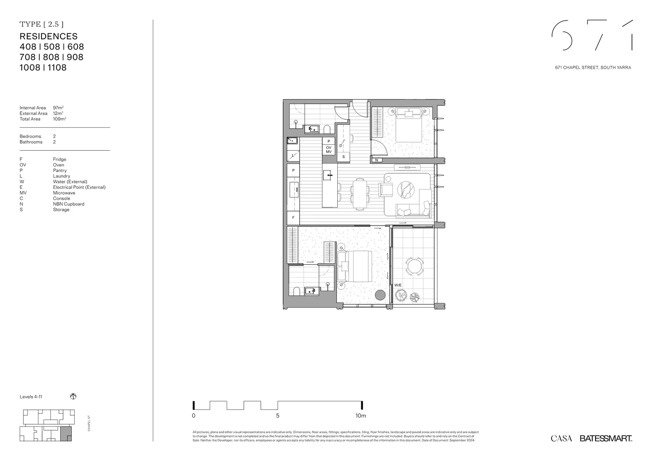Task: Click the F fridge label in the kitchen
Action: click(293, 218)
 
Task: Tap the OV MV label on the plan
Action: click(328, 150)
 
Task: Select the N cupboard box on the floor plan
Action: click(377, 160)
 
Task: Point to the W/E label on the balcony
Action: click(398, 285)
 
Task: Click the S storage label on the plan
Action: click(343, 157)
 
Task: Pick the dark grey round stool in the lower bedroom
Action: click(380, 295)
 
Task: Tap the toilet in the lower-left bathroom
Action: click(296, 292)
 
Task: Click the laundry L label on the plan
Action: click(293, 156)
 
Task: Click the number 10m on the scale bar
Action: click(361, 416)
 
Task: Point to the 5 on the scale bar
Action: click(278, 416)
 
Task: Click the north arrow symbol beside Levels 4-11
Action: click(73, 397)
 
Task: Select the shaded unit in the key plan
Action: click(66, 434)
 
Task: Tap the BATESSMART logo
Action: click(605, 438)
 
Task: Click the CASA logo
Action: click(561, 438)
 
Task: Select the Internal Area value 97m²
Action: click(58, 108)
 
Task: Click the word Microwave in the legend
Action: click(64, 193)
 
